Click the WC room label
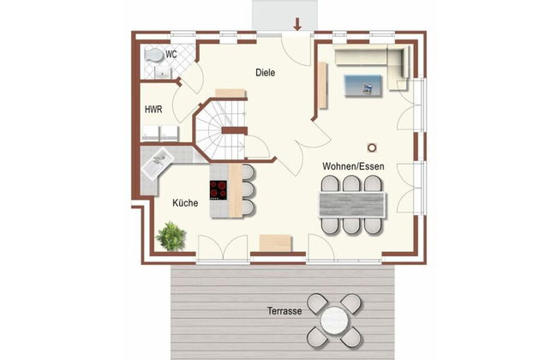click(x=171, y=54)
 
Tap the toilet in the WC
click(x=153, y=57)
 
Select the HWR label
click(x=154, y=110)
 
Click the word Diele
click(x=266, y=73)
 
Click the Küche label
click(x=185, y=203)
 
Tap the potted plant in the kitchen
click(x=172, y=235)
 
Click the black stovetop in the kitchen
click(x=218, y=188)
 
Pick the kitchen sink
click(x=159, y=160)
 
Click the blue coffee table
click(x=364, y=84)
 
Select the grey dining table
click(x=351, y=205)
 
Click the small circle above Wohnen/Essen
click(x=371, y=147)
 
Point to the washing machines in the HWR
click(x=159, y=132)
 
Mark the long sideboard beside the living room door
click(x=322, y=85)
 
